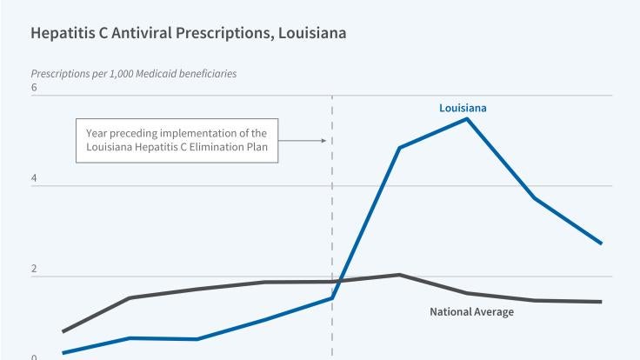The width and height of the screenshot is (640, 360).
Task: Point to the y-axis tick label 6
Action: (34, 88)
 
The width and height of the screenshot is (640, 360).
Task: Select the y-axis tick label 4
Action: (34, 178)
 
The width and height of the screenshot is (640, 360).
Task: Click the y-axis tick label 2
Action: (34, 269)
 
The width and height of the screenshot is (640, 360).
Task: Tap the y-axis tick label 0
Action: (34, 357)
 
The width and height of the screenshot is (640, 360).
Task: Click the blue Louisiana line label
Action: (463, 108)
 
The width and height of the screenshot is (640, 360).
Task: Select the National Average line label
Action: (472, 311)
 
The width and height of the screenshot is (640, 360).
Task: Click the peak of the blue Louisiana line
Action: (467, 118)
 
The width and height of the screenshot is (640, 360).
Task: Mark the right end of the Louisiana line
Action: (601, 243)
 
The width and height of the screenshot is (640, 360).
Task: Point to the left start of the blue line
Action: (63, 353)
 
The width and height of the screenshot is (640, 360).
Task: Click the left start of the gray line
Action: (63, 331)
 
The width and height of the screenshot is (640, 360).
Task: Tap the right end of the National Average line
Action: (601, 302)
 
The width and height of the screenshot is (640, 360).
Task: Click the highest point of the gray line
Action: (399, 275)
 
